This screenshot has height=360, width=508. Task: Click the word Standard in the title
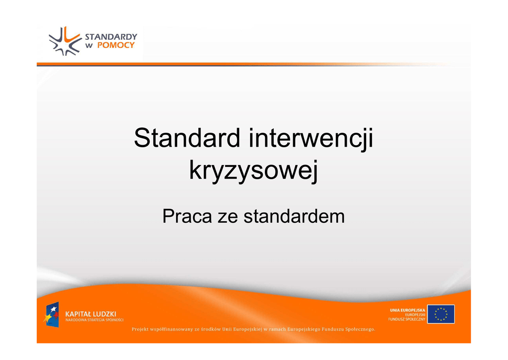187,138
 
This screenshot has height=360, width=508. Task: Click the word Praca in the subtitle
187,216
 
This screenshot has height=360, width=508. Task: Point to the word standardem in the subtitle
294,216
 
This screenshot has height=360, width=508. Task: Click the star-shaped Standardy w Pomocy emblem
65,41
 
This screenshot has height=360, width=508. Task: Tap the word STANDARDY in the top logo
111,37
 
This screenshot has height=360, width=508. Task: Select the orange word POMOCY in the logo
116,45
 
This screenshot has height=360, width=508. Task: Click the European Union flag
441,314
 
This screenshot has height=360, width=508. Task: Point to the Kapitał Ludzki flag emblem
52,315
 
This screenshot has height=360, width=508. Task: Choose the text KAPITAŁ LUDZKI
90,314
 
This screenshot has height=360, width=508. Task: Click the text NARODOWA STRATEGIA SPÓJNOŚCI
94,320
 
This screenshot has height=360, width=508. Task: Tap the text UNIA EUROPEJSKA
408,310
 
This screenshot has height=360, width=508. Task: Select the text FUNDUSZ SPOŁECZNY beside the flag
407,319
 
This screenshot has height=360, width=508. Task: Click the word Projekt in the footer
140,329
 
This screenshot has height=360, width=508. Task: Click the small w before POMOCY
89,46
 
